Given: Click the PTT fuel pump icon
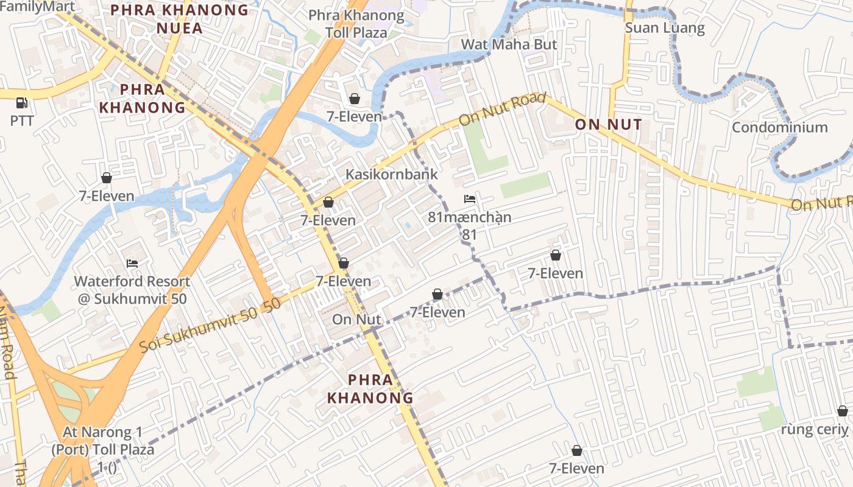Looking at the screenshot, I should coord(21,103).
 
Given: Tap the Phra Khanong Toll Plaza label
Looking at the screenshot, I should coord(356,24).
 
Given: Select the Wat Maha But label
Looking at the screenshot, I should coord(509,44).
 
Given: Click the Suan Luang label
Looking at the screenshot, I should coord(665,28).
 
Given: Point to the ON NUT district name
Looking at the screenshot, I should coord(609,125).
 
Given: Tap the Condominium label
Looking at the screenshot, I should coord(779,127).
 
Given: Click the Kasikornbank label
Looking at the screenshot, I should coord(392,174).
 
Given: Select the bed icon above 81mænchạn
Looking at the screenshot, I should coord(469,199).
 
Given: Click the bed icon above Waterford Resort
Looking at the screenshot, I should coord(132,264).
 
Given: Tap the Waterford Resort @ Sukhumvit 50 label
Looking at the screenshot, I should coord(132,290).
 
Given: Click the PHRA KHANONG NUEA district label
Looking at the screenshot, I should coord(179,19).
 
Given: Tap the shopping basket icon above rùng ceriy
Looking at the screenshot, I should coord(843,411).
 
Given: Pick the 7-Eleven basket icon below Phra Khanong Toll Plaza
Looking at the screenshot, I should coord(354,99).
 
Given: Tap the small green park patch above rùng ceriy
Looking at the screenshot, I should coord(771,417).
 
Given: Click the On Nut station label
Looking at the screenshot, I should coord(356,319).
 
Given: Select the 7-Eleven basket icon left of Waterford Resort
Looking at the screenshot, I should coord(107,178).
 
